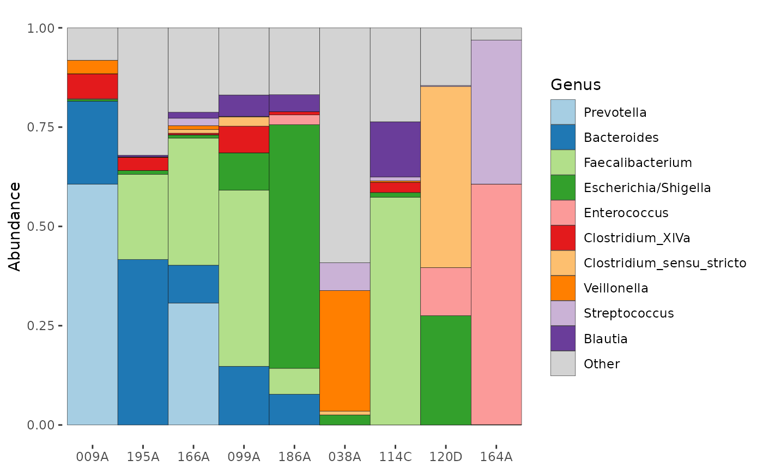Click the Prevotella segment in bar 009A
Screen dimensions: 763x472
[x=92, y=304]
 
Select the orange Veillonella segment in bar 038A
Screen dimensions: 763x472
[x=344, y=350]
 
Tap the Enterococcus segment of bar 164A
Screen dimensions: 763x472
[x=496, y=304]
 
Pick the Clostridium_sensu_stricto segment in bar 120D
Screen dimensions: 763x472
[x=446, y=177]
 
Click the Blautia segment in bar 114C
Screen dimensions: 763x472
[x=395, y=150]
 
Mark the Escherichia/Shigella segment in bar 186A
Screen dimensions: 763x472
[x=294, y=246]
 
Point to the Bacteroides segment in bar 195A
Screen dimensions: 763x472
[x=143, y=342]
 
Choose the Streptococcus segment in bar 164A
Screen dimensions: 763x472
[x=496, y=112]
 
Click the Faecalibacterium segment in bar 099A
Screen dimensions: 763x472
[x=244, y=278]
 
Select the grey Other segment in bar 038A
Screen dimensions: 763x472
[x=344, y=145]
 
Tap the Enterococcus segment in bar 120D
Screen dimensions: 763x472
[x=446, y=291]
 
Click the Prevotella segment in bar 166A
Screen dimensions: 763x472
[x=193, y=364]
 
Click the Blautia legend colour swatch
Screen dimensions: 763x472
[x=562, y=338]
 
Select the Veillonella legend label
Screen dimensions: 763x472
[x=616, y=288]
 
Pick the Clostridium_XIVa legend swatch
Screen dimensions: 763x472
[x=562, y=238]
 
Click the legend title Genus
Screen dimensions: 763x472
[x=576, y=85]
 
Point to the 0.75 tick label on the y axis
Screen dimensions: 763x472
[x=40, y=127]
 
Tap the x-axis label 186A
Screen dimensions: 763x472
[x=294, y=457]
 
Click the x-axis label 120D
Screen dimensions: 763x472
[x=446, y=457]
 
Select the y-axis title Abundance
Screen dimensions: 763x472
[x=14, y=227]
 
